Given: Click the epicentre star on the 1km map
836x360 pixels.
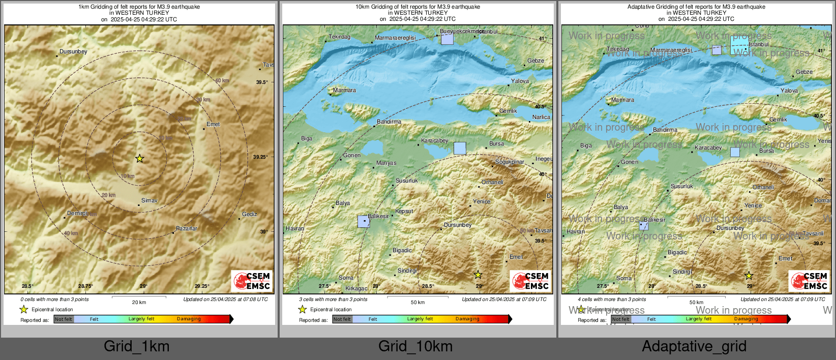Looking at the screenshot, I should click(x=139, y=159).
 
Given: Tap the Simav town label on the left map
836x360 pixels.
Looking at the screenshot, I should click(x=149, y=200).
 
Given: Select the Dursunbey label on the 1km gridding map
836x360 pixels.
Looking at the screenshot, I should click(x=73, y=51).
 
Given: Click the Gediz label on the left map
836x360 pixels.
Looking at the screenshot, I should click(x=249, y=214).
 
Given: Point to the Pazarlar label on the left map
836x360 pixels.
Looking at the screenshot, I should click(x=187, y=228).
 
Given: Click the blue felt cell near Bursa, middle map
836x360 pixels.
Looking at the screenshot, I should click(x=459, y=148).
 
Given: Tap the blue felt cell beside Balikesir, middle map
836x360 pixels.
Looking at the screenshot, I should click(x=363, y=221).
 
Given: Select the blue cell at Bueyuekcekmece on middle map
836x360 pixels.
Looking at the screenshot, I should click(x=447, y=39).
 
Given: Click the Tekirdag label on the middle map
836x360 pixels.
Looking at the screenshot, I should click(x=339, y=37).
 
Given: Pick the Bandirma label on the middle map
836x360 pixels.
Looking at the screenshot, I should click(x=389, y=122).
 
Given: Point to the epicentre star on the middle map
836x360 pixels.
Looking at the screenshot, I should click(x=478, y=275).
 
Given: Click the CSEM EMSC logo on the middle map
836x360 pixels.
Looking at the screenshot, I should click(x=530, y=281).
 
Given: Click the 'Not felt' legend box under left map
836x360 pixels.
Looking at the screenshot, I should click(x=64, y=319).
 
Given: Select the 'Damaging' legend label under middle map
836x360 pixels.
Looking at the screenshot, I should click(x=467, y=319).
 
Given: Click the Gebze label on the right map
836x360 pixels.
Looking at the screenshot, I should click(x=804, y=72).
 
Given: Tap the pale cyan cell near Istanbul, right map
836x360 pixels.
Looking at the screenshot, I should click(x=739, y=45).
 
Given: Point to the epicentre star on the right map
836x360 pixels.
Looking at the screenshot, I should click(x=749, y=276).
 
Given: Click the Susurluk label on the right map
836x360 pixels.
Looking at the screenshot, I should click(x=681, y=186).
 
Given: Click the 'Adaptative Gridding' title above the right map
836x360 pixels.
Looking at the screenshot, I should click(x=696, y=7).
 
